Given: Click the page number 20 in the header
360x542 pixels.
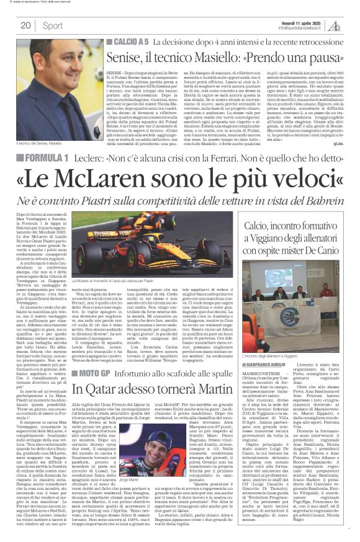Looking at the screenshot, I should [25, 25].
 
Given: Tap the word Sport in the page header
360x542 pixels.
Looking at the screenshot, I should [52, 25].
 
